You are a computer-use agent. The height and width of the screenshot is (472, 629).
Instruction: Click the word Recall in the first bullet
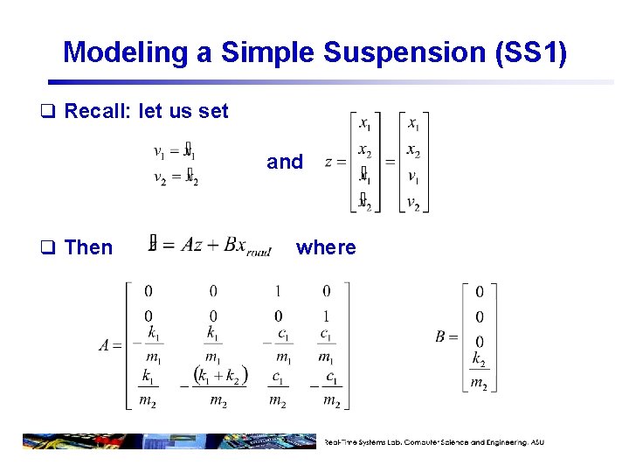(96, 111)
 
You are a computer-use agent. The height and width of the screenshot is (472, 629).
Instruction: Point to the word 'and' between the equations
(285, 162)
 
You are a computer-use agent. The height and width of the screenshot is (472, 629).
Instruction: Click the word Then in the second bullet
(88, 247)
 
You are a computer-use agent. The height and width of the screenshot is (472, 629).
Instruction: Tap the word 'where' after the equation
(326, 247)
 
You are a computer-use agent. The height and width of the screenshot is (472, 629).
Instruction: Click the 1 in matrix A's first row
(278, 291)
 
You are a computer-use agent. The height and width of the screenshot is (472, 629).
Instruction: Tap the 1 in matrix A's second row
(326, 316)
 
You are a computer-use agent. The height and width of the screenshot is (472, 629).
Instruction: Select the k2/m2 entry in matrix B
(479, 371)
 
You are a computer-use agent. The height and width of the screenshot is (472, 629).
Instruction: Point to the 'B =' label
(446, 337)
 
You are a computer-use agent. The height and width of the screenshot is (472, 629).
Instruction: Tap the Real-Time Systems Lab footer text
(433, 442)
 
